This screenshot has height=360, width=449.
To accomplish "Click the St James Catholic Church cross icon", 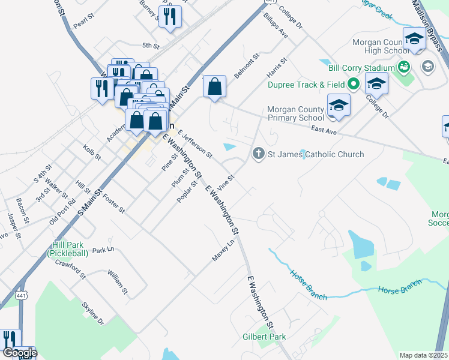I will (x=259, y=154).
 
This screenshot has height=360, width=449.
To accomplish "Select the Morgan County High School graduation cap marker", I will (x=414, y=40).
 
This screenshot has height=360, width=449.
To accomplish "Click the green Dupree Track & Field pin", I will (x=354, y=84).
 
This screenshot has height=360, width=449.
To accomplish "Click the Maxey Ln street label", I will (x=223, y=250).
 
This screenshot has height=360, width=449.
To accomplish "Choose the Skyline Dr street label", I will (x=93, y=313).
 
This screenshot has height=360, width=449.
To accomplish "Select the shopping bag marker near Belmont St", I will (x=214, y=87).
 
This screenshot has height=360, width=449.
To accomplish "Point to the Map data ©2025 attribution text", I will (x=424, y=355).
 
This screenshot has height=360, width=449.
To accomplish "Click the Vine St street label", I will (x=226, y=179).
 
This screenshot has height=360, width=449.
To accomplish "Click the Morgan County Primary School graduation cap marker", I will (x=339, y=106).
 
